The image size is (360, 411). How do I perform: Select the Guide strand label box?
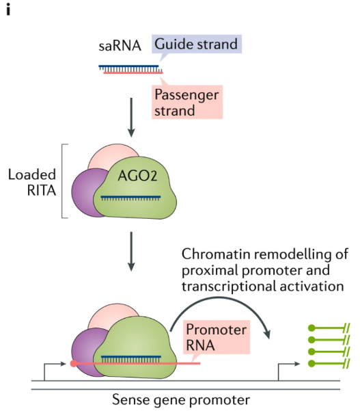click(x=196, y=44)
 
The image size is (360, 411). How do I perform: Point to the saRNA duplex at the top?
click(x=130, y=68)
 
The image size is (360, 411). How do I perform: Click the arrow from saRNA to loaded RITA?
click(x=130, y=120)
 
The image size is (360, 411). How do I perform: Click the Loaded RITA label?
click(x=31, y=182)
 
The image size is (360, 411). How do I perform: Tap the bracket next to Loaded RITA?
click(x=66, y=181)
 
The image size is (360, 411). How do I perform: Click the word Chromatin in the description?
click(x=211, y=254)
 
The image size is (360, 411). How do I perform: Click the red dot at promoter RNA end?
click(x=73, y=363)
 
